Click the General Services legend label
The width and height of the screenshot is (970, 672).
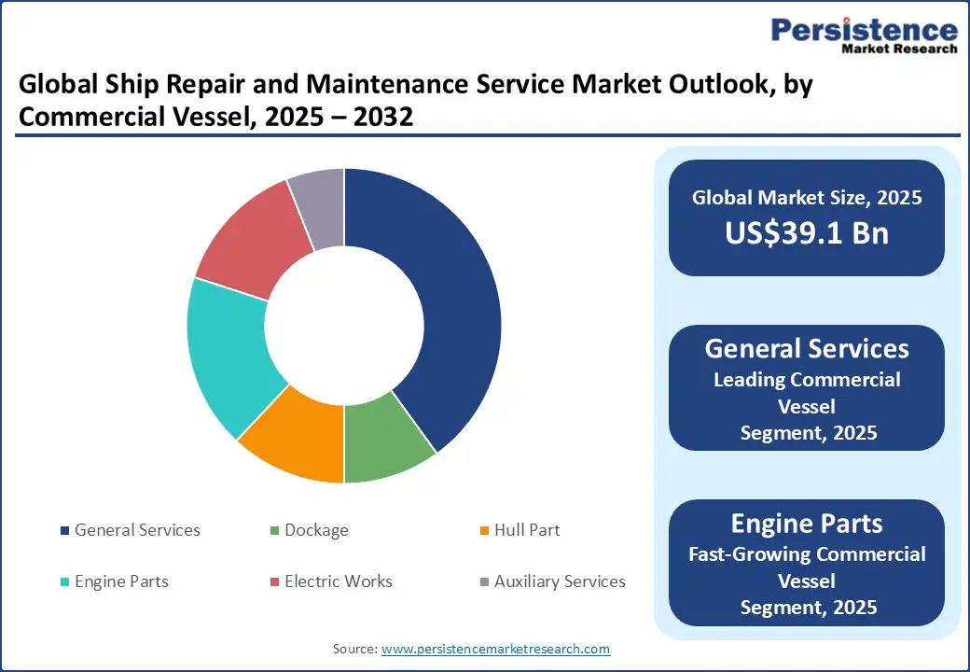point(137,530)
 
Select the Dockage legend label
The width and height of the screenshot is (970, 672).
point(316,530)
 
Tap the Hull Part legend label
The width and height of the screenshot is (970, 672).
point(527,530)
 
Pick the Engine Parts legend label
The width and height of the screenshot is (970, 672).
point(121,581)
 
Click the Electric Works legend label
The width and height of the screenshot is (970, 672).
point(339,581)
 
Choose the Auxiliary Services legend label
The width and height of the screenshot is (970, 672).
point(560,581)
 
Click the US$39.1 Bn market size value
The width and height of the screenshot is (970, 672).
point(807,233)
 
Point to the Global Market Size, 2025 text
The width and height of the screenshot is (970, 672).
point(807,198)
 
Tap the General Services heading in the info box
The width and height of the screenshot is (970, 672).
point(807,349)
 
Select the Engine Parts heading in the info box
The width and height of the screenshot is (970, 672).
point(807,523)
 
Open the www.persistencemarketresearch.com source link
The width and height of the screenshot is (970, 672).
point(495,649)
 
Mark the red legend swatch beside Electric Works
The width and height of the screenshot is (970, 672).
point(274,582)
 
